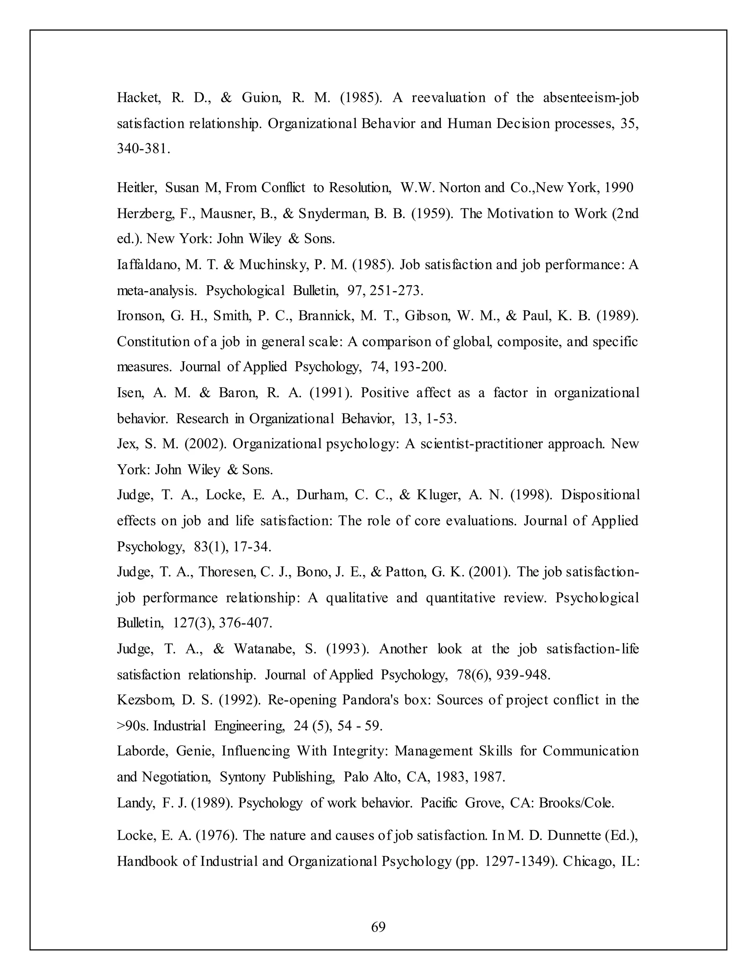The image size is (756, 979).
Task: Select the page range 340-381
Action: click(143, 149)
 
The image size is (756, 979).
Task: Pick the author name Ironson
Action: click(140, 316)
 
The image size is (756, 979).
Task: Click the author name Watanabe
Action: click(264, 649)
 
